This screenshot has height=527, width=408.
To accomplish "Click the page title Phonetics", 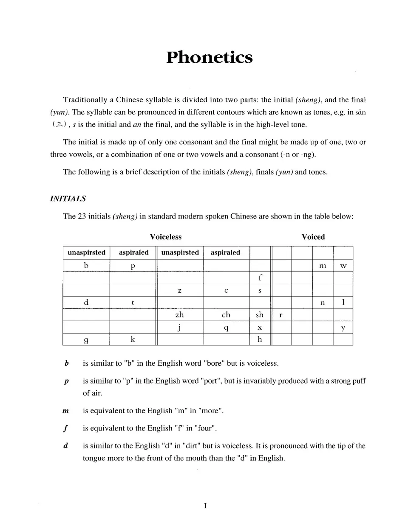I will pyautogui.click(x=209, y=57).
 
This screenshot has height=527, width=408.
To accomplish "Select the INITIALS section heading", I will pyautogui.click(x=68, y=199).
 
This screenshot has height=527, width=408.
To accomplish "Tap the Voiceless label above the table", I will pyautogui.click(x=165, y=237).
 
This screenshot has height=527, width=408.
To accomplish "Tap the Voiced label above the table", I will pyautogui.click(x=313, y=237).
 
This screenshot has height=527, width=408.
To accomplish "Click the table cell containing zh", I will pyautogui.click(x=180, y=315).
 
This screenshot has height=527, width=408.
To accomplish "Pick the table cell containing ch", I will pyautogui.click(x=226, y=315).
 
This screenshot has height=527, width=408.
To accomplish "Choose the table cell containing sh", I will pyautogui.click(x=260, y=315).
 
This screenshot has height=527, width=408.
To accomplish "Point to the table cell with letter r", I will pyautogui.click(x=281, y=315).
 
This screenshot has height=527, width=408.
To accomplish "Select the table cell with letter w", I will pyautogui.click(x=343, y=266).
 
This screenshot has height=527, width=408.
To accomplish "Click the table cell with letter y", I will pyautogui.click(x=343, y=328).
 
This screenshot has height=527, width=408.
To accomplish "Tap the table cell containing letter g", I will pyautogui.click(x=86, y=339).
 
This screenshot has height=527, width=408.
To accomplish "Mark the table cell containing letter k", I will pyautogui.click(x=133, y=339).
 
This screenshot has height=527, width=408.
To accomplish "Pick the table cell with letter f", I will pyautogui.click(x=260, y=278).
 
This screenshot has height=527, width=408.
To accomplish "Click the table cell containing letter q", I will pyautogui.click(x=226, y=328).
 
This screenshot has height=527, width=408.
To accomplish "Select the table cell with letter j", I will pyautogui.click(x=180, y=328).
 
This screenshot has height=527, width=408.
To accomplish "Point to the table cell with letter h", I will pyautogui.click(x=260, y=339).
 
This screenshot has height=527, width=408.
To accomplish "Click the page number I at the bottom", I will pyautogui.click(x=205, y=506).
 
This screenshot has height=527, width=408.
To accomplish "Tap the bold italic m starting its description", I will pyautogui.click(x=65, y=411).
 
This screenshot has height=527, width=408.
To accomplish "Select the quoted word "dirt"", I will pyautogui.click(x=191, y=446).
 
